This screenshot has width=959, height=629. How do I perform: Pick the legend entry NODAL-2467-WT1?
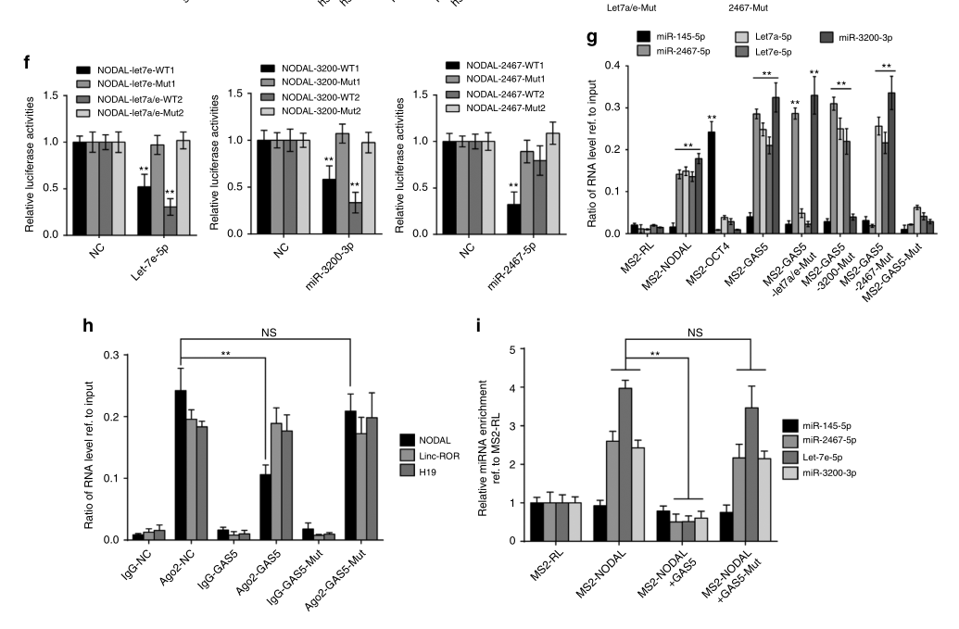(497, 65)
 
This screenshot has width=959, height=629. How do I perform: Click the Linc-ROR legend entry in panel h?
(436, 456)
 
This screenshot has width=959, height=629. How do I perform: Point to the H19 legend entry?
(428, 472)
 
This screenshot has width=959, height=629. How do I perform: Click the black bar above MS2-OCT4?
(712, 182)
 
